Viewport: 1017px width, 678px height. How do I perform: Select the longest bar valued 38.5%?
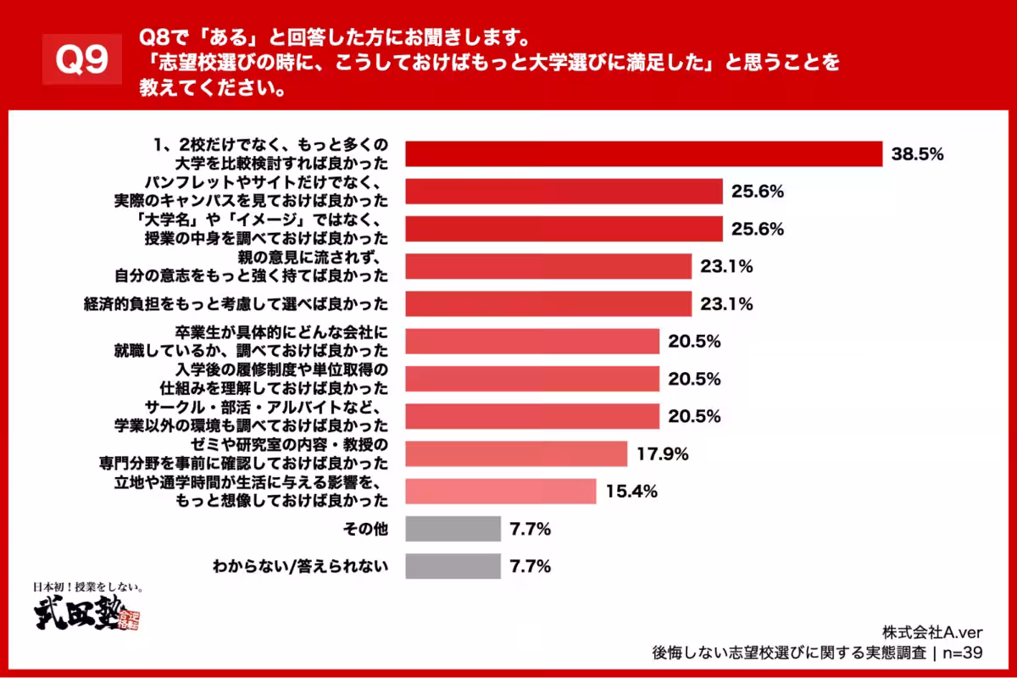coord(644,153)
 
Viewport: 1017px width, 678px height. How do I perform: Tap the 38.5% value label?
coord(917,154)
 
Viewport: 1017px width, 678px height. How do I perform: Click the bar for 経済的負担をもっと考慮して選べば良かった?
coord(548,303)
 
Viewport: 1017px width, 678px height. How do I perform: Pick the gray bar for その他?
coord(453,529)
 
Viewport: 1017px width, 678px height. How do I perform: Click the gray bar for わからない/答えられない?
coord(453,566)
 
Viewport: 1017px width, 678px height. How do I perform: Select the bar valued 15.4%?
coord(500,492)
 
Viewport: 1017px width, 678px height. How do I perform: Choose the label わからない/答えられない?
coord(299,566)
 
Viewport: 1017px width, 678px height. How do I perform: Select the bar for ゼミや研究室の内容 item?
coord(516,454)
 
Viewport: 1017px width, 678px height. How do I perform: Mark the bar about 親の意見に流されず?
coord(548,266)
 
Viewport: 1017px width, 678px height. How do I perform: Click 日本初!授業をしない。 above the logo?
coord(85,586)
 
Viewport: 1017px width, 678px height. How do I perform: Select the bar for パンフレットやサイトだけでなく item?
coord(564,192)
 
